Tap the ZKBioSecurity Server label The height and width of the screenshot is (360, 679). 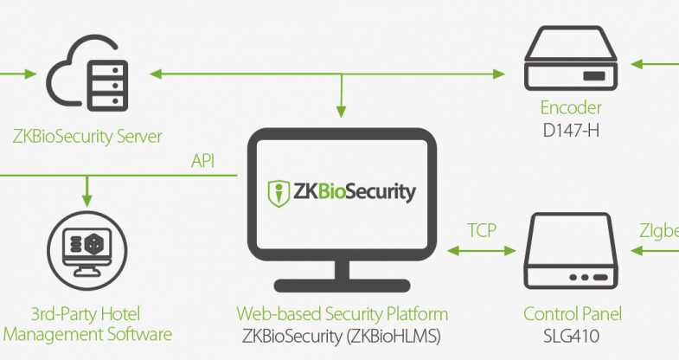click(x=87, y=137)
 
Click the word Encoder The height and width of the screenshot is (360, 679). click(x=571, y=108)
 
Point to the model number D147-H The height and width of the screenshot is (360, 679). click(x=571, y=129)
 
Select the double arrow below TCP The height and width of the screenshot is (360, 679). click(x=482, y=251)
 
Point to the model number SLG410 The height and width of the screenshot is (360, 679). click(x=572, y=335)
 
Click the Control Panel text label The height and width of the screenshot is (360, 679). click(x=572, y=314)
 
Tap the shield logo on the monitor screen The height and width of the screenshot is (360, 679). click(x=278, y=192)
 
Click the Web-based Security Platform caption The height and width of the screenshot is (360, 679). click(x=343, y=314)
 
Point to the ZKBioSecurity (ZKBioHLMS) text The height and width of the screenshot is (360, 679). click(x=343, y=335)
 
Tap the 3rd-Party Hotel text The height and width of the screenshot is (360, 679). click(x=86, y=314)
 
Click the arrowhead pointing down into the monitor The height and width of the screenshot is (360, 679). click(x=342, y=111)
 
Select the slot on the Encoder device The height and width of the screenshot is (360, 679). click(x=593, y=77)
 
